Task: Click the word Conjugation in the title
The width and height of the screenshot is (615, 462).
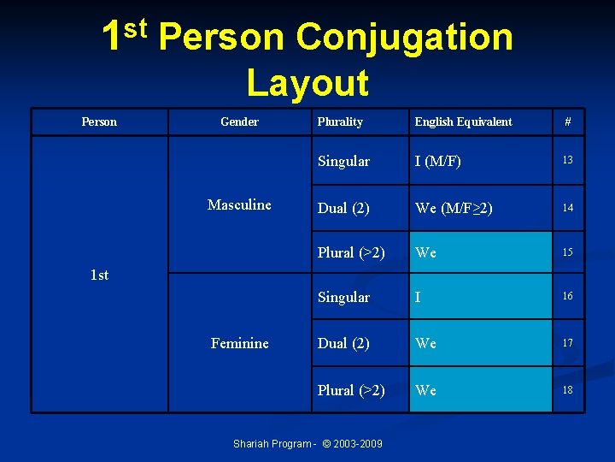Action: (404, 37)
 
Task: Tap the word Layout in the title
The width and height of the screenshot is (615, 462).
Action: (307, 83)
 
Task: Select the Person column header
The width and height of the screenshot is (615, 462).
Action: (99, 121)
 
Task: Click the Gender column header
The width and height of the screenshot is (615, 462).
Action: (239, 121)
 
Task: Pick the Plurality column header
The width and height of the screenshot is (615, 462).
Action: (340, 121)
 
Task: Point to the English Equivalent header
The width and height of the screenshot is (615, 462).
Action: (463, 121)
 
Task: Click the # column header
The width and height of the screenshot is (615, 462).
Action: (567, 121)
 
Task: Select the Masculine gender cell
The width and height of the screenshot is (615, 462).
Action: (239, 204)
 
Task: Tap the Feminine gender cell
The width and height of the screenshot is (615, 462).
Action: (239, 343)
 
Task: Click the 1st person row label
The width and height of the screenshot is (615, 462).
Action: (99, 275)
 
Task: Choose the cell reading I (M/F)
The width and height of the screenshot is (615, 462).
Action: (440, 161)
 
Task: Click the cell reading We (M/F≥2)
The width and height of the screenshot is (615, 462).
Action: (454, 207)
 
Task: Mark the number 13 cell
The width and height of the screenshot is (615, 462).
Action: (567, 161)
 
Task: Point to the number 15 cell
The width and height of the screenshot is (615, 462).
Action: (567, 253)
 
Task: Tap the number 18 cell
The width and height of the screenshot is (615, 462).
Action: (567, 390)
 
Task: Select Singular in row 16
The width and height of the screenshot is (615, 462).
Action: (343, 297)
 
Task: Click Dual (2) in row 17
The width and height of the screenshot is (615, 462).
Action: (343, 343)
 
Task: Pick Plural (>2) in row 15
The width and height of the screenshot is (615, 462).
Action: (351, 253)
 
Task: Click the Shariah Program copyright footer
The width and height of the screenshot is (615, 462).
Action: (307, 443)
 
